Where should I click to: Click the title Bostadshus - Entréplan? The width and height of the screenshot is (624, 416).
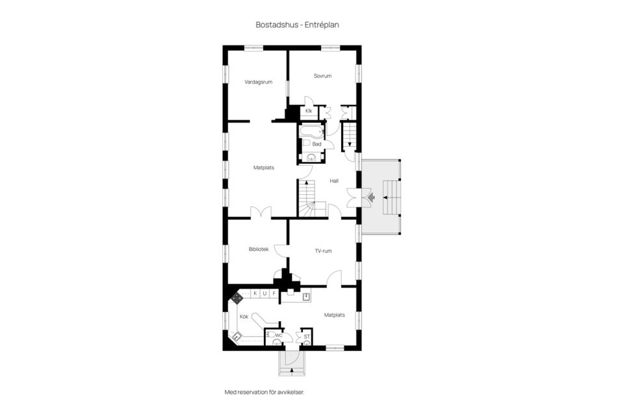297,25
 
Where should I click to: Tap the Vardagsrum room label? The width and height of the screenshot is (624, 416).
258,82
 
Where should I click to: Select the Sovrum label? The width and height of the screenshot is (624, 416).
322,75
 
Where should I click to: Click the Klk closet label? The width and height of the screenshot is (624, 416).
309,111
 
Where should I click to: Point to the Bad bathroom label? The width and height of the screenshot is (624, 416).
317,144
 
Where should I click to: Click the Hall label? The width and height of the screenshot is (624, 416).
334,181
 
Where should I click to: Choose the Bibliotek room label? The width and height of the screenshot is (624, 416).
259,249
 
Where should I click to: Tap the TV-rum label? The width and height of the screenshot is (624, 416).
323,251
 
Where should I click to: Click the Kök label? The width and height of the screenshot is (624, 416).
244,317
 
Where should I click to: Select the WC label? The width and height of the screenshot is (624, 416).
279,335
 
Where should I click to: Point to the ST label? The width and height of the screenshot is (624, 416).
307,337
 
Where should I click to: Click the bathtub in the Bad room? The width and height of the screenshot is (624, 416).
311,132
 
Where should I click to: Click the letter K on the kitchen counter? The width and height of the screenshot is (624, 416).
255,294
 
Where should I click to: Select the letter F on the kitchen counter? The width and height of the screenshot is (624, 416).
274,294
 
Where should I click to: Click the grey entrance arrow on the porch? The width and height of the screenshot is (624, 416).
372,197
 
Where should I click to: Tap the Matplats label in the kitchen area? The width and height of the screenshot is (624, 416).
334,315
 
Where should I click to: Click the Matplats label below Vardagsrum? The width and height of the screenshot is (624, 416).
264,168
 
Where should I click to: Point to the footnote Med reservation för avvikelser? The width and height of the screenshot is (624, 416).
265,392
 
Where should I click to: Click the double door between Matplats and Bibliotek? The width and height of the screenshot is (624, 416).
261,212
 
